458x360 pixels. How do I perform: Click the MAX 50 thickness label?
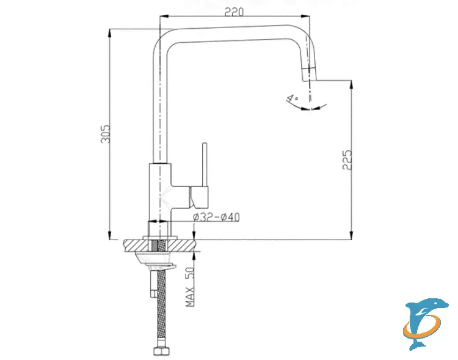(x=191, y=287)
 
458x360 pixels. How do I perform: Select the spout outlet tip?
(x=310, y=75)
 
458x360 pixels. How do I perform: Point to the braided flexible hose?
(x=162, y=306)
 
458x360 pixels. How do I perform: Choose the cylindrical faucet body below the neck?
(x=160, y=193)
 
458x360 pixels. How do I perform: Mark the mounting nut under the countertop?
(x=160, y=262)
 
